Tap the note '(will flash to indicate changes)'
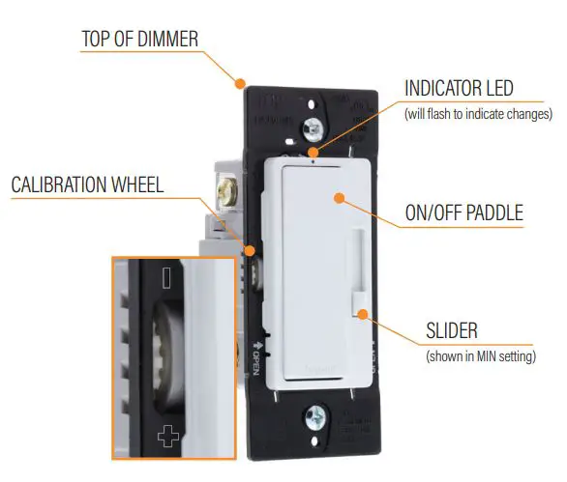click(x=477, y=114)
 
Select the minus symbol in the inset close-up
click(x=168, y=278)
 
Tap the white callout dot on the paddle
click(x=339, y=197)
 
